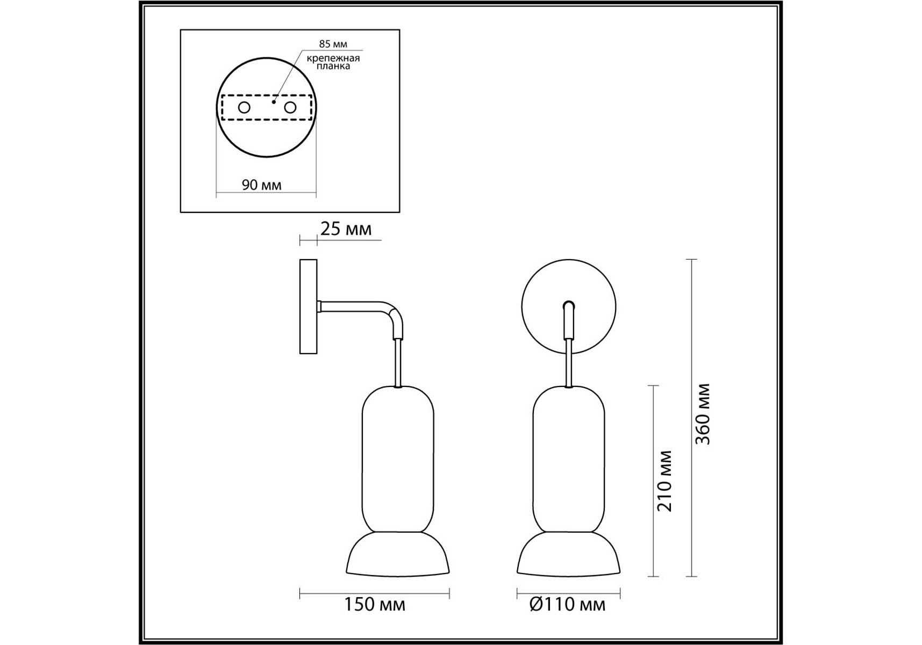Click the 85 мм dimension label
[333, 44]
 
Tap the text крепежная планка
[333, 62]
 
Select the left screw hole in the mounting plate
[244, 107]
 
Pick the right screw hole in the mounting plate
[290, 107]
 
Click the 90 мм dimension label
[262, 185]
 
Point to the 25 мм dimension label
[346, 229]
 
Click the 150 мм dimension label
[374, 605]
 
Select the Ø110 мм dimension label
[567, 605]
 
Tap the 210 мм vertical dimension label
[664, 481]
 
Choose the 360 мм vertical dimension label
[703, 414]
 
